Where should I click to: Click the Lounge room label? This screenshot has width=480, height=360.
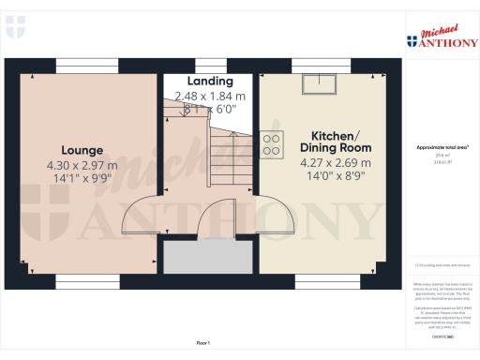point(82,150)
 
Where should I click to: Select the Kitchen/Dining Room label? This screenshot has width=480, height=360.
point(335,141)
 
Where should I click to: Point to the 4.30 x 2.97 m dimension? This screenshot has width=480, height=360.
point(82,166)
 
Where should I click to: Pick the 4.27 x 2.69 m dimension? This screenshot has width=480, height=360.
point(335,163)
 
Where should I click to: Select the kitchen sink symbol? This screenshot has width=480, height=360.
point(319,85)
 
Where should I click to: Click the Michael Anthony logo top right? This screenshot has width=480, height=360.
point(441,36)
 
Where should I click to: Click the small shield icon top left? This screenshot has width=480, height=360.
point(15,29)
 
